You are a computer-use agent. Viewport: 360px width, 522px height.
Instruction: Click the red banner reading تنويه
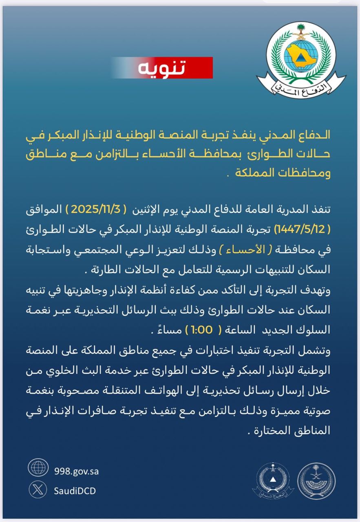162,68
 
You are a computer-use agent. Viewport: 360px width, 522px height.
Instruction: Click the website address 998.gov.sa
76,471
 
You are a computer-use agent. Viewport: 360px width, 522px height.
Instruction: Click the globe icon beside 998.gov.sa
38,467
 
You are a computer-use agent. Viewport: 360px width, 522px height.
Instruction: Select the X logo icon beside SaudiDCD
38,490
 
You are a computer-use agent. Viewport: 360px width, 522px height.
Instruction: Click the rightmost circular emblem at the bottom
316,481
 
